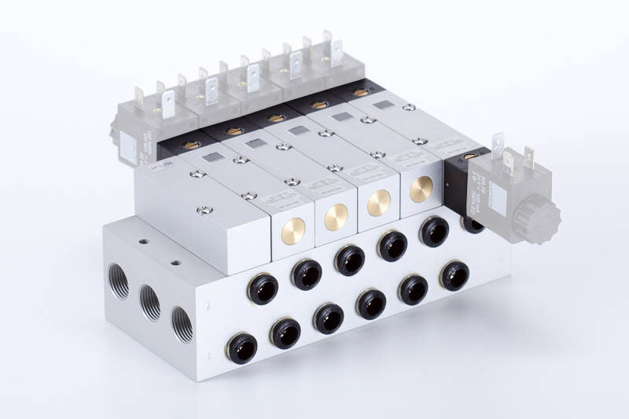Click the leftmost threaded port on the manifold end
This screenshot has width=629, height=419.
point(119,282)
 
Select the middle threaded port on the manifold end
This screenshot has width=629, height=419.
point(150,302)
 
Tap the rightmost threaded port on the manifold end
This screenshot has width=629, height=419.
point(182,323)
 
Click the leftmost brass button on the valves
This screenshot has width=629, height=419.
point(293,231)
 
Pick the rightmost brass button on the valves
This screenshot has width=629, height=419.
point(421,189)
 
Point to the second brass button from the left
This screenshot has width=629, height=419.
point(337,217)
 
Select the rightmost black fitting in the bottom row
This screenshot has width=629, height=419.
point(454,275)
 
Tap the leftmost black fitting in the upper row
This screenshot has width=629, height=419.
point(263,290)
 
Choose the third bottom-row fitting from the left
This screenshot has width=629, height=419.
point(328,318)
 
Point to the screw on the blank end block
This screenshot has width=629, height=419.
point(204,210)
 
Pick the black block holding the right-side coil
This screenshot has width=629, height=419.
point(456,185)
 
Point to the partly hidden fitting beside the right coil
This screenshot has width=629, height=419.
point(473,225)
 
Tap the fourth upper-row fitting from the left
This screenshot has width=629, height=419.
point(392,246)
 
